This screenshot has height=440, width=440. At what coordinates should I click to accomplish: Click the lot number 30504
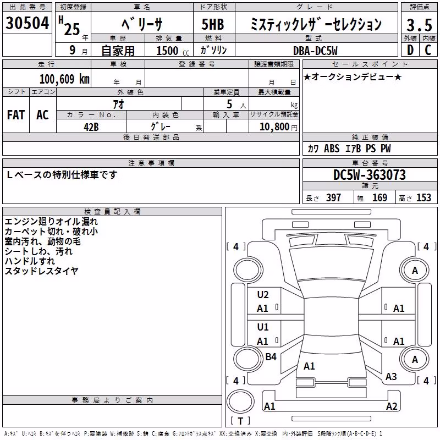[x=27, y=23]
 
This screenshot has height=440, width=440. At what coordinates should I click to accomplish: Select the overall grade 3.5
[x=420, y=25]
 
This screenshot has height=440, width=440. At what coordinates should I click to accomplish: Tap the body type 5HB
[x=213, y=24]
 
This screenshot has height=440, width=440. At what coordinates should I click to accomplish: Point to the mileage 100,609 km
[x=64, y=79]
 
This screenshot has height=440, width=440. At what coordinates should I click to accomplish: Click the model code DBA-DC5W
[x=315, y=51]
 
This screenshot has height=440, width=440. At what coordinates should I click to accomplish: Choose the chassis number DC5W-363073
[x=369, y=175]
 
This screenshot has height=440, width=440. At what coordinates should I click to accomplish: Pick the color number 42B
[x=91, y=127]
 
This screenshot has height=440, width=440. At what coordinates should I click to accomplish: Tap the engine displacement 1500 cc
[x=173, y=51]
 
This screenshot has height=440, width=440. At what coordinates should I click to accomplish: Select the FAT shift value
[x=16, y=115]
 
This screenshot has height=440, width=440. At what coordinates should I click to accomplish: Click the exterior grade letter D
[x=410, y=50]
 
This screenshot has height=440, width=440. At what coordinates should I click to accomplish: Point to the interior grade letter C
[x=428, y=50]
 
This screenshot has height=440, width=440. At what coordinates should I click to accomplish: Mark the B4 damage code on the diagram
[x=271, y=357]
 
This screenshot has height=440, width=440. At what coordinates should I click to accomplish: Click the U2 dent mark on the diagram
[x=263, y=295]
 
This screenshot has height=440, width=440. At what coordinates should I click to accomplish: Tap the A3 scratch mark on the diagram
[x=391, y=377]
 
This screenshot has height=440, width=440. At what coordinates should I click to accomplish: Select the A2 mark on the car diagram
[x=392, y=406]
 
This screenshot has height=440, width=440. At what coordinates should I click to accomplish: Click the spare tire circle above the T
[x=240, y=402]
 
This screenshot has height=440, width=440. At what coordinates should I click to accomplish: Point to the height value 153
[x=424, y=198]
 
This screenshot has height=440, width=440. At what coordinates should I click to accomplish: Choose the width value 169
[x=380, y=198]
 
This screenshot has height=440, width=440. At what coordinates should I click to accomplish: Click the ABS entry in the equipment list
[x=332, y=148]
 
